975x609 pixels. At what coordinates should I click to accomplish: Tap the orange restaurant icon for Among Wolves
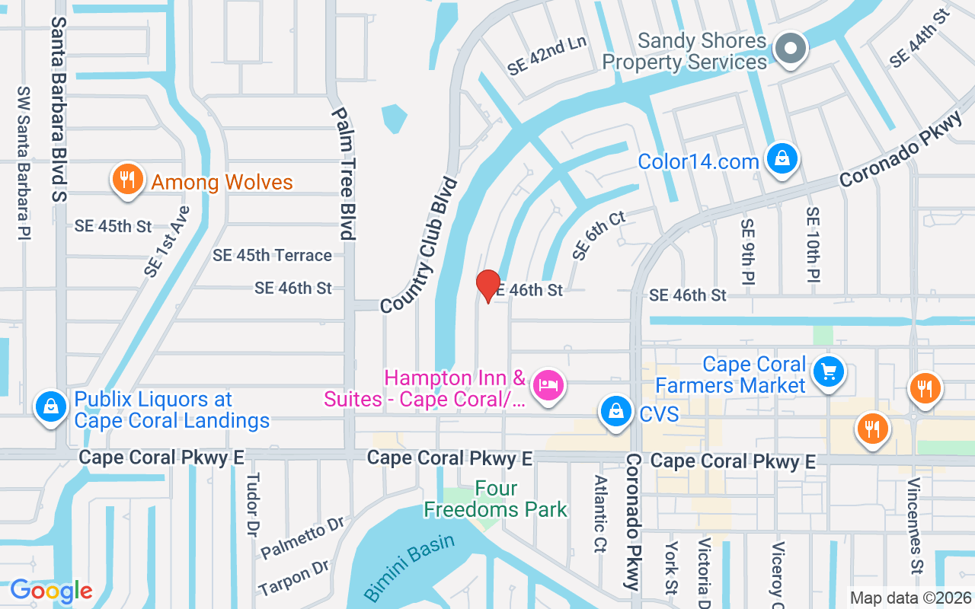(127, 180)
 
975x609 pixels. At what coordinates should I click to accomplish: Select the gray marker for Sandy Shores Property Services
(791, 49)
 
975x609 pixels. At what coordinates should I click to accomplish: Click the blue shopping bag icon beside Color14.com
(782, 160)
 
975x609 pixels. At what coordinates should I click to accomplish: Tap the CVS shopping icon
(615, 412)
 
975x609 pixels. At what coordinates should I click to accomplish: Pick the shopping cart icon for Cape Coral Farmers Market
(829, 372)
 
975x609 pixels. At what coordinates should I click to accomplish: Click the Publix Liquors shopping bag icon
(50, 407)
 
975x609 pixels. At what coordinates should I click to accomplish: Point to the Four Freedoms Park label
(496, 499)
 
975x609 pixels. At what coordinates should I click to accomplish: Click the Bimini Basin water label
(409, 566)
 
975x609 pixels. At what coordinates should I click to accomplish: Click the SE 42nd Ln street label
(547, 56)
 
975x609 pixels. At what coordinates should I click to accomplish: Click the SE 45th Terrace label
(272, 256)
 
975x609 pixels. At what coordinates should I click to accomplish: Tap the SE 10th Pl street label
(813, 244)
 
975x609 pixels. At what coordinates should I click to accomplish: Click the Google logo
(51, 591)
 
